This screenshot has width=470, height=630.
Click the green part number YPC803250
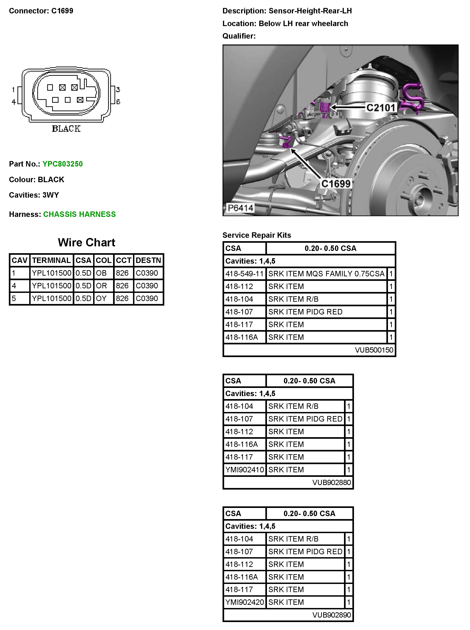62,164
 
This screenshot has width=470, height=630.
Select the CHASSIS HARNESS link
79,214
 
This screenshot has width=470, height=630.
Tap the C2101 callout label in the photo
381,108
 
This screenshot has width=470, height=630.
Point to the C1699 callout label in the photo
336,184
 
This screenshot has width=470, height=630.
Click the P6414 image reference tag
240,208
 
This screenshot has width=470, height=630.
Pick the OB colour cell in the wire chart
101,273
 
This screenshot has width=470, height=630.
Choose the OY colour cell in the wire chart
101,299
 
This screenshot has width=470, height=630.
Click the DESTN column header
148,260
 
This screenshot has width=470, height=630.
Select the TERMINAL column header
51,260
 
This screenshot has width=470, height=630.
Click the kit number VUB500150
374,350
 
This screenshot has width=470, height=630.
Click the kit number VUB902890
332,615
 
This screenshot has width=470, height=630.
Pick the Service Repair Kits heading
257,235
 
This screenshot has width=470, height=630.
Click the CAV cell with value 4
14,286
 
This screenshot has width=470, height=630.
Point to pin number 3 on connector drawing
118,90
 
